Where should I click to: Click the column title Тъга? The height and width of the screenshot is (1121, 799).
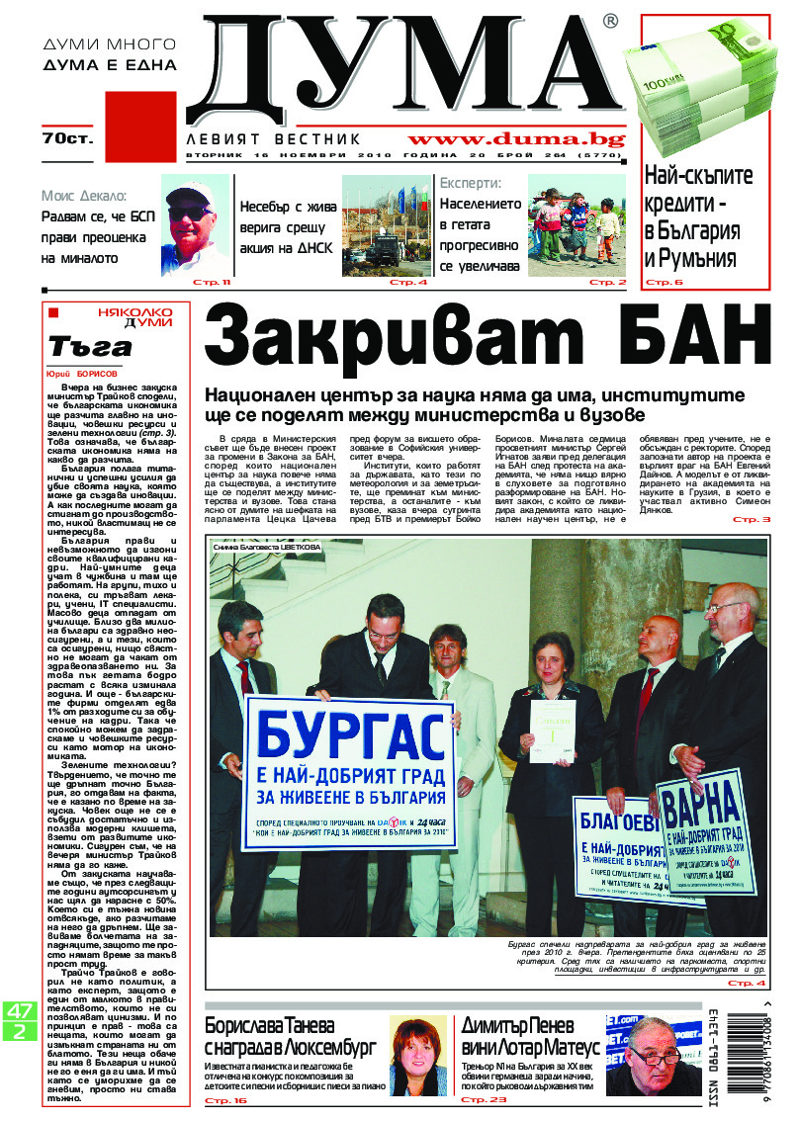(90, 347)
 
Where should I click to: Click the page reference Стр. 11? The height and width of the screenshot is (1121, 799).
(214, 283)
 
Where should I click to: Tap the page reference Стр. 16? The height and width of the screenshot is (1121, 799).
(224, 1099)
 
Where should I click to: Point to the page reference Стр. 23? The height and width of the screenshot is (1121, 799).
(485, 1099)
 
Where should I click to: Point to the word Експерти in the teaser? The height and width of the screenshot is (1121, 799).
(471, 183)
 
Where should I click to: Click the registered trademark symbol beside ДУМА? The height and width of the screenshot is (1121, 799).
(610, 21)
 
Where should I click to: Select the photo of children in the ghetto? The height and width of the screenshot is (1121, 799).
(577, 226)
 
